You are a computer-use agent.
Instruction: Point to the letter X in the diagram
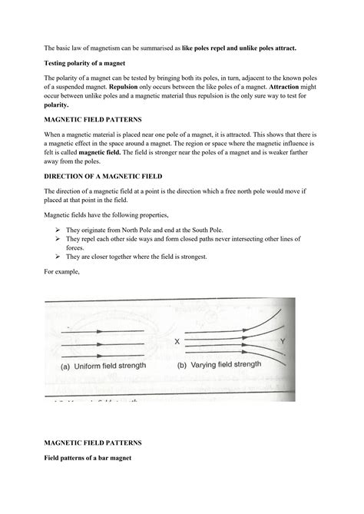click(x=177, y=340)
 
